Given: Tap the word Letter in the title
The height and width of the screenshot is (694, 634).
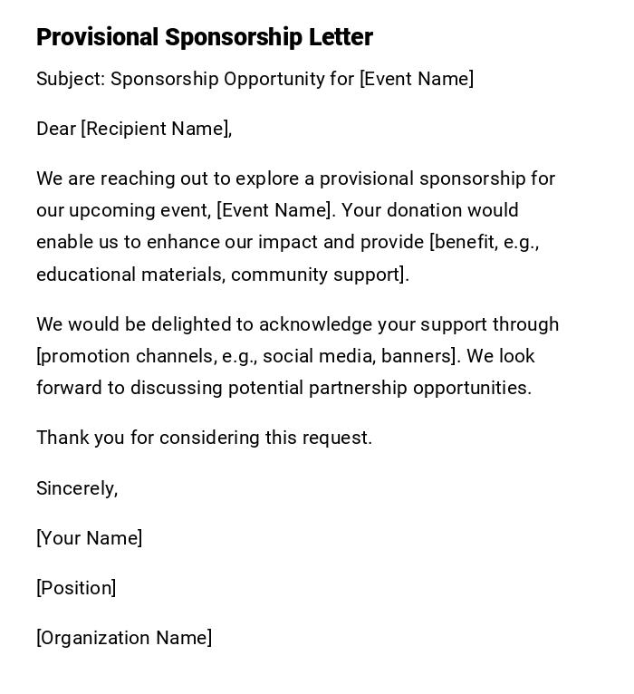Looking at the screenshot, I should pos(340,37).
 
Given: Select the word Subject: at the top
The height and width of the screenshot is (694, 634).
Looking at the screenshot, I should pos(71,79).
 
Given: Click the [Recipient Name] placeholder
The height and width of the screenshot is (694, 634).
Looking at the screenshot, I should pos(156,129).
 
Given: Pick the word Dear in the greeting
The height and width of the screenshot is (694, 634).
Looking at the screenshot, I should pos(56,129).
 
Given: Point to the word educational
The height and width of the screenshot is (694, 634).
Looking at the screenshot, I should pos(85,275).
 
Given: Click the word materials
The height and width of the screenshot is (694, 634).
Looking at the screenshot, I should pos(182,275).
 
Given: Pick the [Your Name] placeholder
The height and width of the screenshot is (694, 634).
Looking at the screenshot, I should pos(89,538).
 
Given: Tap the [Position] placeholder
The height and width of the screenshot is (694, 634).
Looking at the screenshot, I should pos(76,588).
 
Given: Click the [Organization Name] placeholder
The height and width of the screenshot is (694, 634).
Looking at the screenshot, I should pos(124,638).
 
